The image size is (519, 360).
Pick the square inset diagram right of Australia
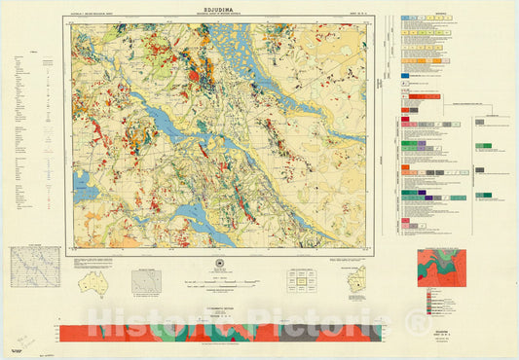[x=148, y=282]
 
